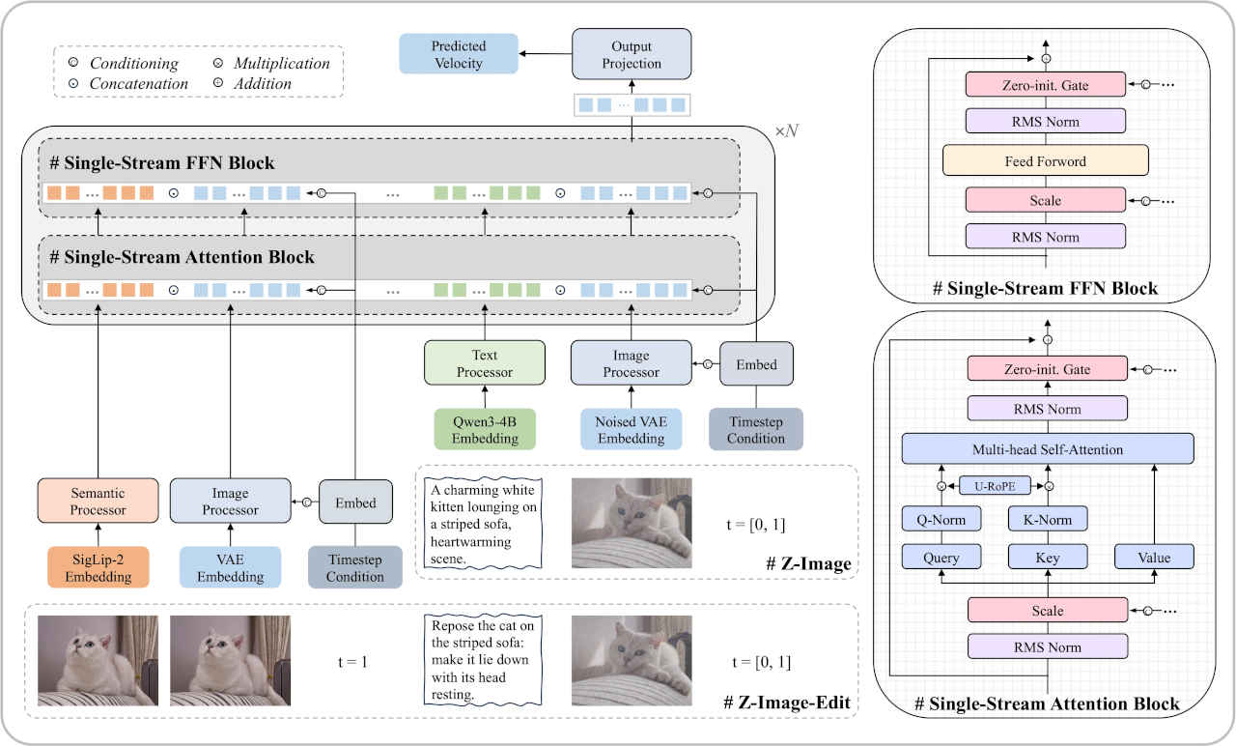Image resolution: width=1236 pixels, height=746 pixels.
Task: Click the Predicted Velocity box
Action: click(458, 54)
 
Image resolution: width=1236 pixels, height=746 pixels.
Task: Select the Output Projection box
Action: click(632, 54)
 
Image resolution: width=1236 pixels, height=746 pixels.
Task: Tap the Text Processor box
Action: click(485, 363)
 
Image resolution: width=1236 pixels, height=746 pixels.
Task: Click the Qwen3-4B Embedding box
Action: click(484, 430)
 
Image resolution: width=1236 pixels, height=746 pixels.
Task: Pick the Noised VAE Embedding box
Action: click(632, 430)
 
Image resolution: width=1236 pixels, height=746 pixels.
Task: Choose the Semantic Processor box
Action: click(98, 502)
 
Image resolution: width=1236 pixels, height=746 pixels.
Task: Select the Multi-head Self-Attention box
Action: click(1047, 449)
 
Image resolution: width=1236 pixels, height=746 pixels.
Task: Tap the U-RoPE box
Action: click(995, 487)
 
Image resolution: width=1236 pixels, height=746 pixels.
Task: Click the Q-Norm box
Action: click(941, 520)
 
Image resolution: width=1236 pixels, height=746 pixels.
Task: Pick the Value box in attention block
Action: click(1154, 558)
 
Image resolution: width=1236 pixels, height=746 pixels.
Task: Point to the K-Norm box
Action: click(1047, 520)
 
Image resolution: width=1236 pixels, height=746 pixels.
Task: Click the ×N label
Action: click(787, 129)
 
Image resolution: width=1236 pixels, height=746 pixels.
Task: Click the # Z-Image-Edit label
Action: click(786, 703)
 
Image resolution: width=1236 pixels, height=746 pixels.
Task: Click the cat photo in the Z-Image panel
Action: click(632, 523)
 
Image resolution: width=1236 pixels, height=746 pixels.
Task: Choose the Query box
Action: click(941, 558)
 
